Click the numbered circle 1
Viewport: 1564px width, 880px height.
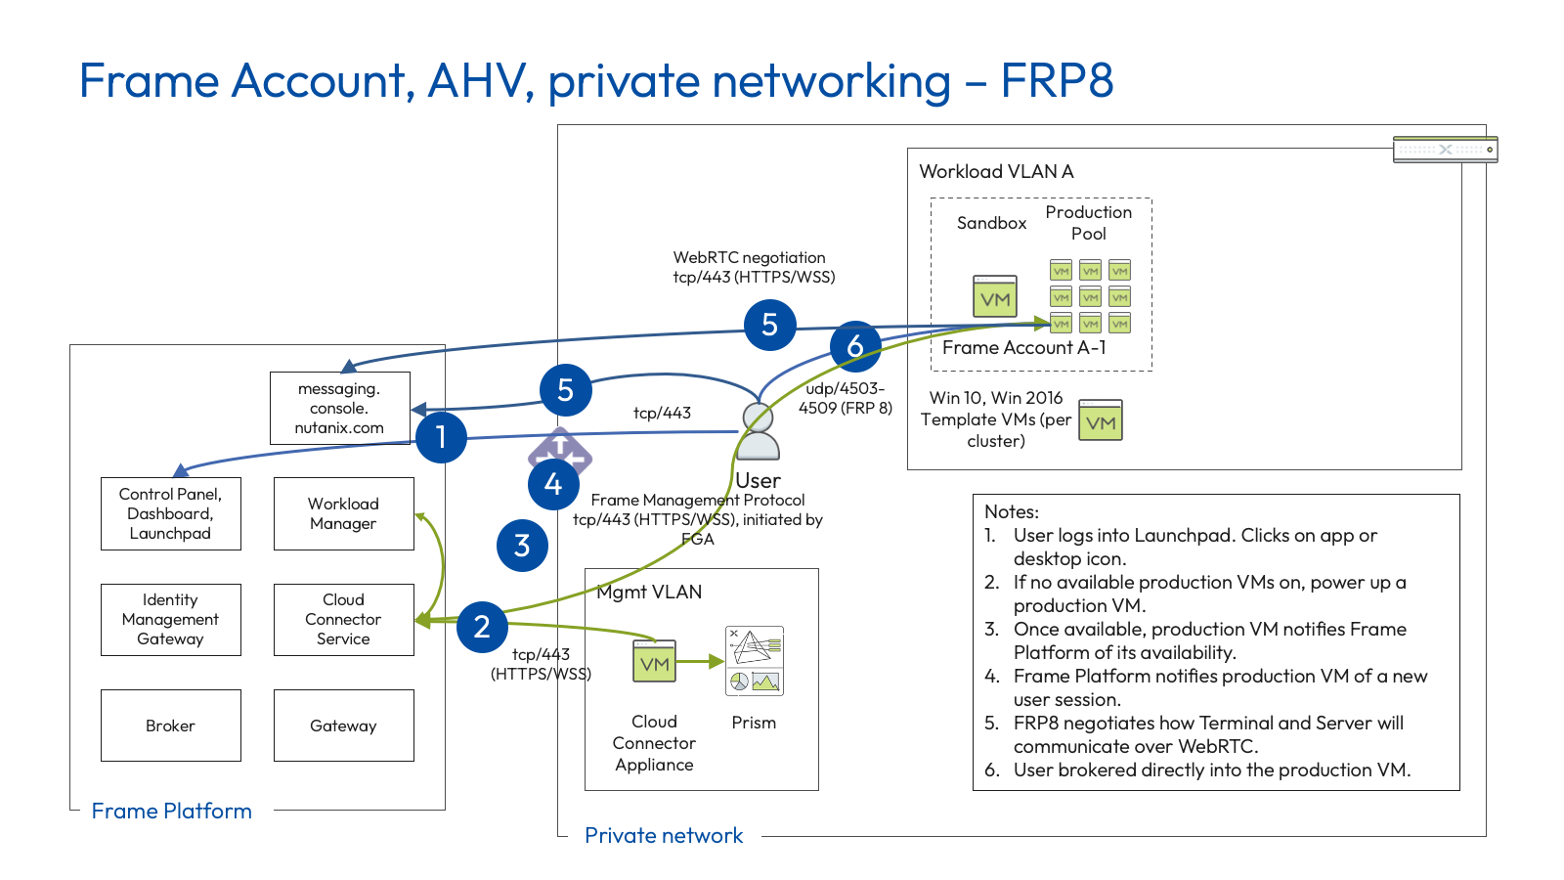point(441,437)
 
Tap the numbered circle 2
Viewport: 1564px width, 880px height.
point(482,627)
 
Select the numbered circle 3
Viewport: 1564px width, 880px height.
point(522,546)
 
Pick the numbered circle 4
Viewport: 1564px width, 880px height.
point(553,484)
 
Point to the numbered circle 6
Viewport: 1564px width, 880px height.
point(855,346)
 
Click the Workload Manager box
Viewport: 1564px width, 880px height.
point(343,513)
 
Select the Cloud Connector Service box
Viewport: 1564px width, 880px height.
point(343,619)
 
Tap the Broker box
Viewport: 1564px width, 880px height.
point(170,726)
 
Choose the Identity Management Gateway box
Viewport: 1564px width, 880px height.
point(170,619)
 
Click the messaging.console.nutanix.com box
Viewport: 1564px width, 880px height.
point(339,408)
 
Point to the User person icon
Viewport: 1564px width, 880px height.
point(758,432)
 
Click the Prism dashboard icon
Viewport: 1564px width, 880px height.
point(754,661)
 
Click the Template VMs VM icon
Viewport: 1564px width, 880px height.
point(1101,420)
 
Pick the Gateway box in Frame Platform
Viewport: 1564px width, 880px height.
point(343,726)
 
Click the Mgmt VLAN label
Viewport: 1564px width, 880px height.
point(649,592)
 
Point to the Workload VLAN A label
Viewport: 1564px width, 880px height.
point(996,171)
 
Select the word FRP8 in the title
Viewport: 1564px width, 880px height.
point(1057,80)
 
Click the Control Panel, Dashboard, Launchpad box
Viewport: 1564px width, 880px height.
point(170,513)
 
